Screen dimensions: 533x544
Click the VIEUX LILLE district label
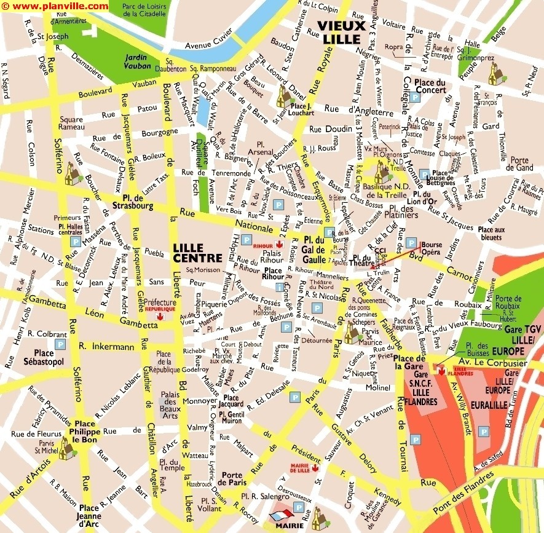pos(342,31)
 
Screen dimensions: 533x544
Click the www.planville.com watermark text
pos(55,6)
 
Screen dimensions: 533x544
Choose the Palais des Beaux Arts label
pos(169,401)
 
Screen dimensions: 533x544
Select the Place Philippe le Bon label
pos(85,428)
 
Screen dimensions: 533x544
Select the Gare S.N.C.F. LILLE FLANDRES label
pos(421,389)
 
